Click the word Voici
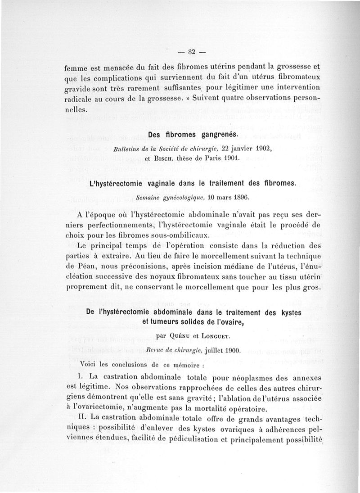pyautogui.click(x=89, y=363)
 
